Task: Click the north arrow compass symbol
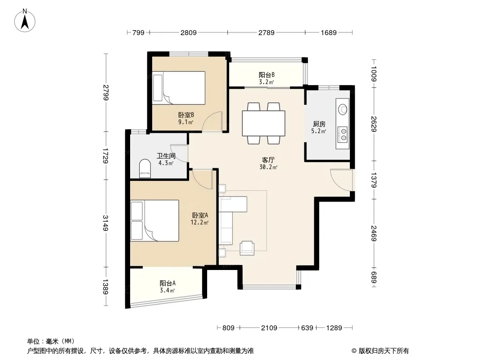25,21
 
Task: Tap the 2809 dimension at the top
188,32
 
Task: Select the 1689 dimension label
328,32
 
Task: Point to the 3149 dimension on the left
106,223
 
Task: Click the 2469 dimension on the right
373,233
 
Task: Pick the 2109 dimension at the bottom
269,328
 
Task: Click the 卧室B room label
186,115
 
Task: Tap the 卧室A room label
200,216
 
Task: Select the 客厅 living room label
268,160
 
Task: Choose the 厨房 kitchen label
319,124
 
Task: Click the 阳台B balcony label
267,75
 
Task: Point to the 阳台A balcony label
168,283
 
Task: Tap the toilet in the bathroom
145,169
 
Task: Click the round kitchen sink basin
343,109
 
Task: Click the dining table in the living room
263,123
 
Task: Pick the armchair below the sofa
247,248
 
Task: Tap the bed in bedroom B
179,88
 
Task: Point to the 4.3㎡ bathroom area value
166,163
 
